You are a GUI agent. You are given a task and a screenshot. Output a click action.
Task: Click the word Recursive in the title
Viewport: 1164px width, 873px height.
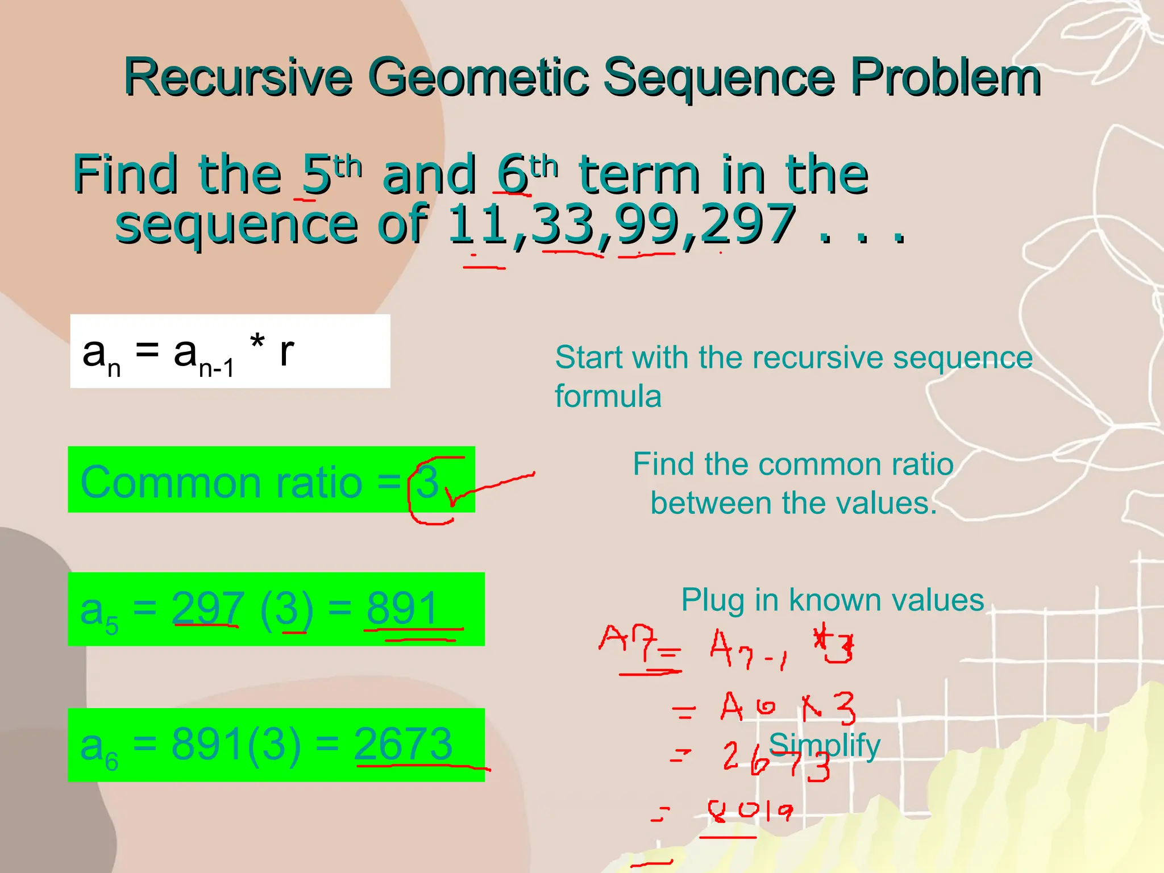238,77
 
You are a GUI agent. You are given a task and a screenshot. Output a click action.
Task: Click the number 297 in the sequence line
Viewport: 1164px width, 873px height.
748,223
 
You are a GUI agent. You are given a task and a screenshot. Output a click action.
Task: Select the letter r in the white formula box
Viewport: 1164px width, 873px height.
286,351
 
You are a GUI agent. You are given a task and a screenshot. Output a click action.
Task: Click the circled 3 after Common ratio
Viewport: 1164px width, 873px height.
427,482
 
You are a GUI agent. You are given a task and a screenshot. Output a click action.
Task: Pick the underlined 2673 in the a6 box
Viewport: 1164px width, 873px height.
404,744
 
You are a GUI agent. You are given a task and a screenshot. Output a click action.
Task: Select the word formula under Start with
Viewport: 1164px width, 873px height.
608,396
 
